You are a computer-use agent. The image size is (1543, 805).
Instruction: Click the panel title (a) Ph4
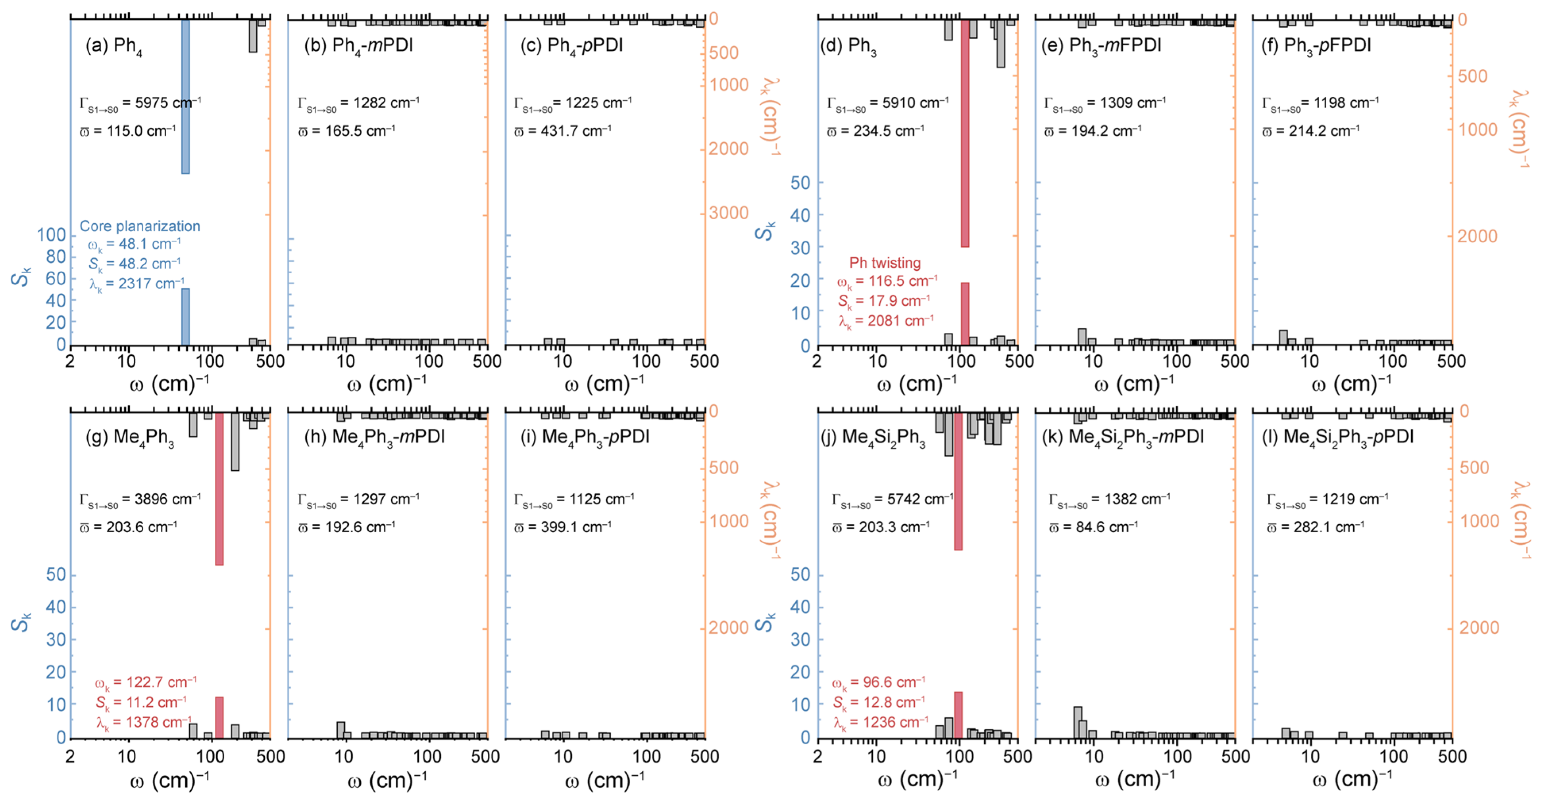[x=114, y=46]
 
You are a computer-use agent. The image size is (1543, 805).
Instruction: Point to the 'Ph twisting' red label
[x=885, y=263]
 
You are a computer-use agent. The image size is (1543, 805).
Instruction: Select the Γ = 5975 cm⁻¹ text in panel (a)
[x=140, y=103]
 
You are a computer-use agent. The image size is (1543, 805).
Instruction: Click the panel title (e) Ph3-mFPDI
[x=1101, y=46]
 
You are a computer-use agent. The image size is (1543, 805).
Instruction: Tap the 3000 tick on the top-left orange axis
[x=728, y=213]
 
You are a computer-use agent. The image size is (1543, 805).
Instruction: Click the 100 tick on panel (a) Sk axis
[x=52, y=235]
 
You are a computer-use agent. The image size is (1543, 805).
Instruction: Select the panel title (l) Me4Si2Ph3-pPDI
[x=1337, y=437]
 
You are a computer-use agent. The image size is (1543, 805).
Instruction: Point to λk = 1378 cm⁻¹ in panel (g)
[x=144, y=723]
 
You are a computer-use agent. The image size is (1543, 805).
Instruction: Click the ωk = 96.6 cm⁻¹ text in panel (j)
[x=878, y=683]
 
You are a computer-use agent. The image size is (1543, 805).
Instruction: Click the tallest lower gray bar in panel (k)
[x=1077, y=722]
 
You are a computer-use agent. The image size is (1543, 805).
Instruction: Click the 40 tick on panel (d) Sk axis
[x=800, y=215]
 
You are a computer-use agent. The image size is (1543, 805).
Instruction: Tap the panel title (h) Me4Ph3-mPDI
[x=374, y=437]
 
